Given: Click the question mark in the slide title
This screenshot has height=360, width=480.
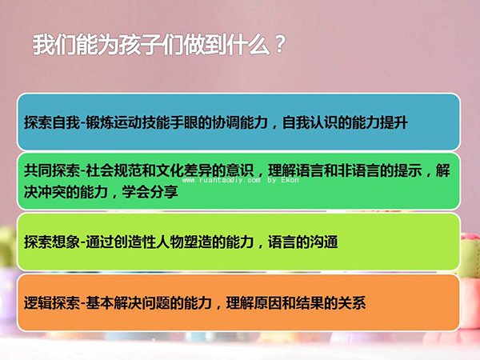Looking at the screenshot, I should [278, 44].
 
